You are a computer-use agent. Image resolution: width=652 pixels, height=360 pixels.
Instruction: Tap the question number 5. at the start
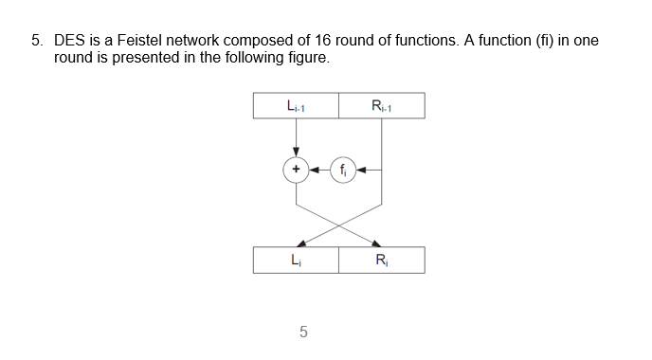click(37, 42)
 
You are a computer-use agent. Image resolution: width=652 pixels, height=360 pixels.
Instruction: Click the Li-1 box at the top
click(296, 105)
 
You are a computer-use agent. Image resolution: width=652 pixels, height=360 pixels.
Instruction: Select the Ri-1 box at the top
click(381, 105)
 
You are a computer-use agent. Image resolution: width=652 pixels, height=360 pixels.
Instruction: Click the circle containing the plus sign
click(296, 171)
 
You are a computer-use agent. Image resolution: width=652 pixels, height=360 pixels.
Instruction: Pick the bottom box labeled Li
click(296, 260)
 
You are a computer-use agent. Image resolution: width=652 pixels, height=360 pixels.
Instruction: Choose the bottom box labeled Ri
click(381, 260)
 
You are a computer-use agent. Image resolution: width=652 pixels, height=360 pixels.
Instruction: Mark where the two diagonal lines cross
click(338, 224)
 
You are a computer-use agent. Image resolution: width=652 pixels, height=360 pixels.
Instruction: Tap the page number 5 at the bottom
click(302, 332)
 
